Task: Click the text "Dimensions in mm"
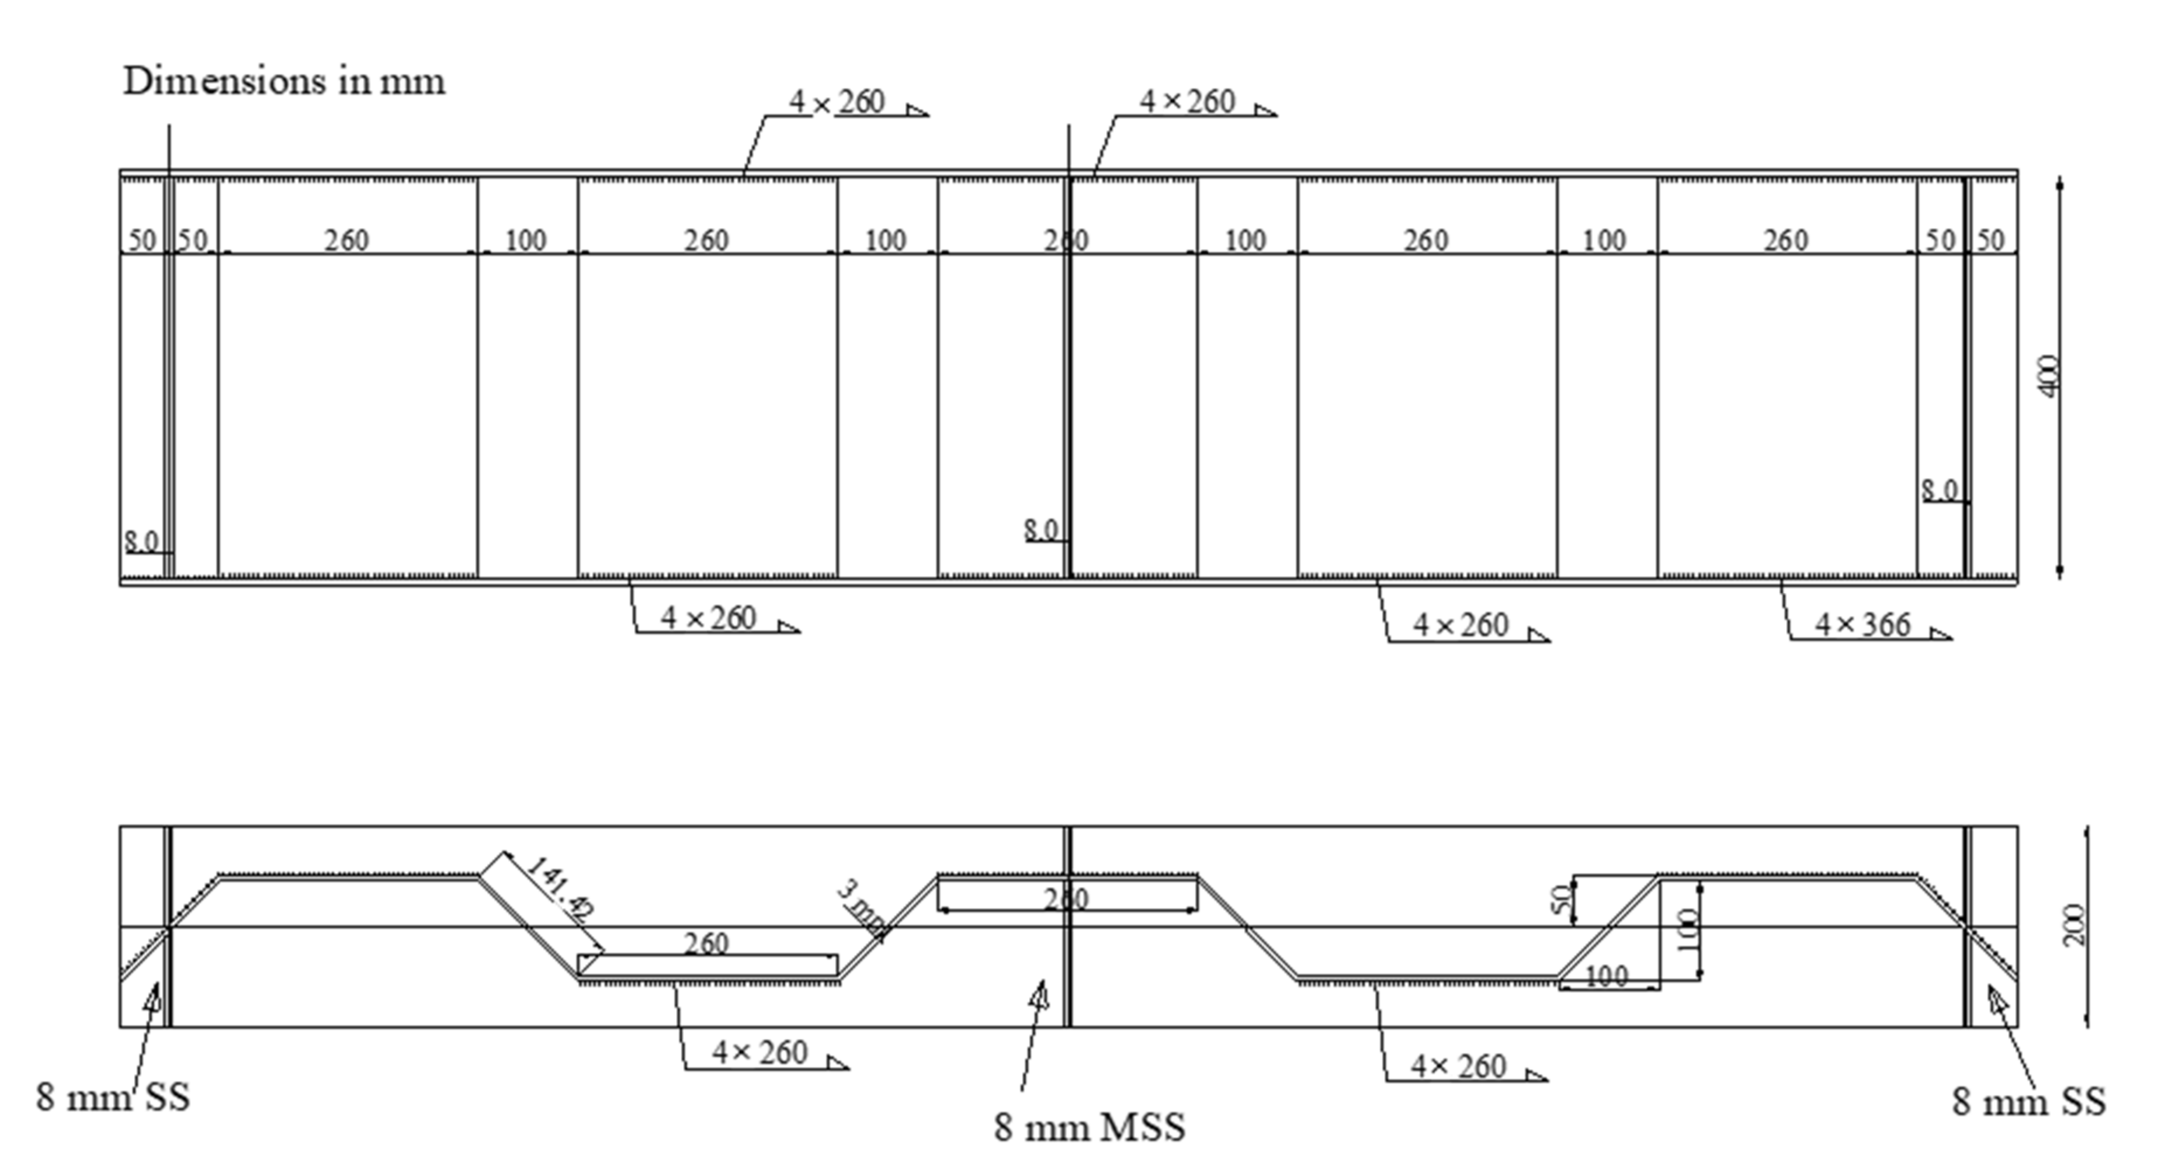[284, 82]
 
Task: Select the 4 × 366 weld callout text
[1862, 626]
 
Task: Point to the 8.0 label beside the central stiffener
[1041, 530]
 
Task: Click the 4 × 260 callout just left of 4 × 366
[1460, 626]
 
